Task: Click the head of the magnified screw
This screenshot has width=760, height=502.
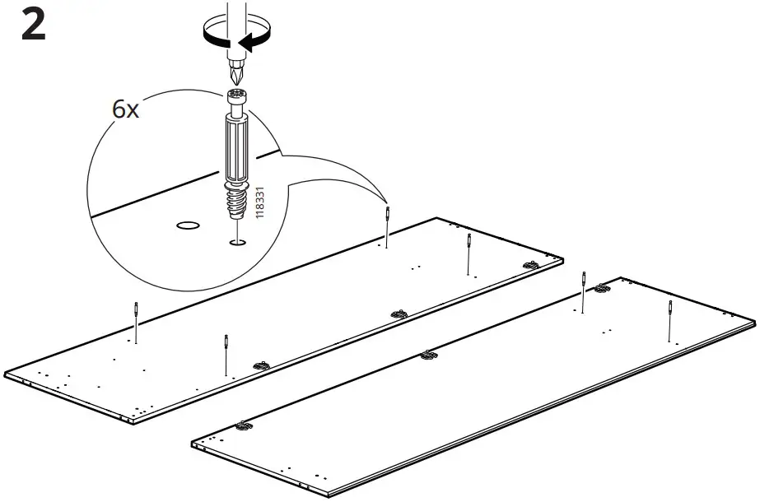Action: (237, 101)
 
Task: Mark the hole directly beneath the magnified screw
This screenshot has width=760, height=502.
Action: (238, 242)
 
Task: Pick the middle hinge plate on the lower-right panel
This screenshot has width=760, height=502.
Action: (427, 355)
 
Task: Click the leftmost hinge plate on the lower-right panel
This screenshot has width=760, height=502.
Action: (242, 425)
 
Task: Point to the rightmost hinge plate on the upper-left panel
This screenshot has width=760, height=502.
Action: (531, 265)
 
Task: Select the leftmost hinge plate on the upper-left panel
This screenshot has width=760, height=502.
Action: (260, 365)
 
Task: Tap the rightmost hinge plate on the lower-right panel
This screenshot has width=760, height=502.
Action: (603, 288)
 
